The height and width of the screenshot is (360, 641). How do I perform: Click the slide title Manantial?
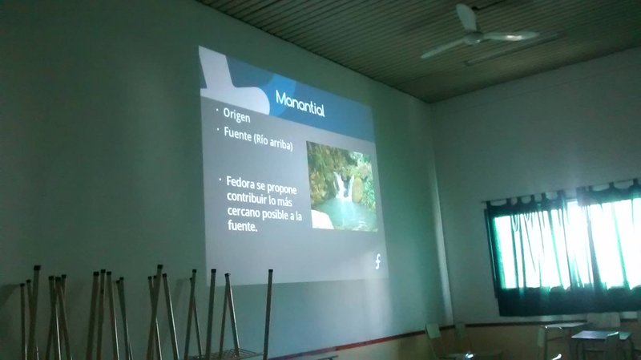[x=300, y=104]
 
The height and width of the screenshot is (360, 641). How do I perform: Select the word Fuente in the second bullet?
[x=237, y=134]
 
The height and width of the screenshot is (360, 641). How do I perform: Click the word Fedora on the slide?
[x=240, y=183]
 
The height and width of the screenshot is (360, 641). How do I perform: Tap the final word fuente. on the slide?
[x=243, y=225]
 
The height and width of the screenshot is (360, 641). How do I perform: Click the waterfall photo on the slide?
[x=342, y=187]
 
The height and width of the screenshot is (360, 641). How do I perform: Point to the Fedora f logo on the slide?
[x=377, y=261]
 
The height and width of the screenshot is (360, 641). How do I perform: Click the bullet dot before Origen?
[x=217, y=109]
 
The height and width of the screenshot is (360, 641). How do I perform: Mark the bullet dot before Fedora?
[x=220, y=179]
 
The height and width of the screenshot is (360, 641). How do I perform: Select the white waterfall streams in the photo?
[x=344, y=186]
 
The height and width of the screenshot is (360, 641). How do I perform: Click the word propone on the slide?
[x=282, y=188]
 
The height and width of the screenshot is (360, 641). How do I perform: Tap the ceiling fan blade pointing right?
[x=510, y=36]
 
